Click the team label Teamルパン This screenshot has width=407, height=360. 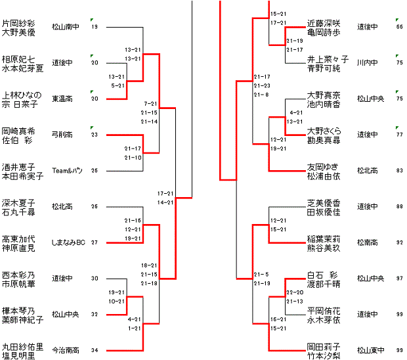pos(66,171)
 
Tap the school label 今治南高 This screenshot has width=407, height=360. pos(66,350)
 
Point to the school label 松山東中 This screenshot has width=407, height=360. pos(371,350)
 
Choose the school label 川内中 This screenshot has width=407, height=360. pos(366,63)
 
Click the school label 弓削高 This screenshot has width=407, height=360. pos(61,135)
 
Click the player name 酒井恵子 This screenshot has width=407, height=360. pos(18,167)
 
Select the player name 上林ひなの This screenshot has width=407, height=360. pos(23,95)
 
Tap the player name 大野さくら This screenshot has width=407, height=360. pos(324,131)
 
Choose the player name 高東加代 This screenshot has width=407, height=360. pos(18,238)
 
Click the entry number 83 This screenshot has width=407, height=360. pos(399,171)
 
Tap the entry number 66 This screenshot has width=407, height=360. pos(399,27)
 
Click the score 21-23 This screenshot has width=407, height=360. pos(262,86)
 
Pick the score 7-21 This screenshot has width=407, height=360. pos(150,104)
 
